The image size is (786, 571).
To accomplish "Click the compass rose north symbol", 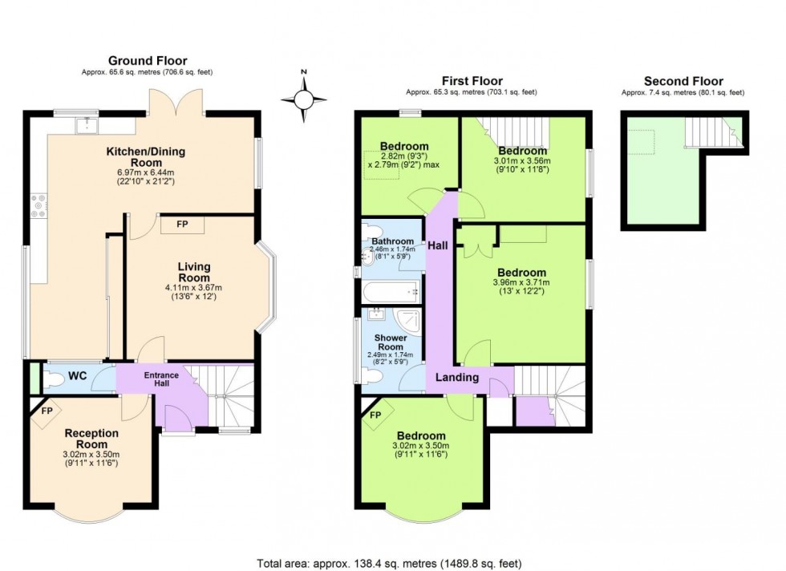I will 304,99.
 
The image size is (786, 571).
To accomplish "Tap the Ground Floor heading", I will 148,61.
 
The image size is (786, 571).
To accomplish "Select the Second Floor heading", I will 683,81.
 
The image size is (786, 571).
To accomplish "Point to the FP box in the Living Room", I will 183,225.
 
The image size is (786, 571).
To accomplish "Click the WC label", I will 78,375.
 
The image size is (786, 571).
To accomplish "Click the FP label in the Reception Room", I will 47,410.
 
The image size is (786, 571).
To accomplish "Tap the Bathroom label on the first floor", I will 392,241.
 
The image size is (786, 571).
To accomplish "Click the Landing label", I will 457,377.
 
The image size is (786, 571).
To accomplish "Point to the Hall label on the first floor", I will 438,245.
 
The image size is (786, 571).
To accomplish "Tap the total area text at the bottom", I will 393,563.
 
